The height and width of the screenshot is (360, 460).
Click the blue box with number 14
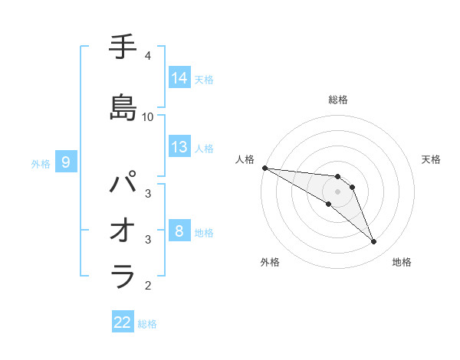point(179,78)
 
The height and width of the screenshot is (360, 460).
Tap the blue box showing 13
point(179,147)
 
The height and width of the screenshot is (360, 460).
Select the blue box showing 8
point(179,231)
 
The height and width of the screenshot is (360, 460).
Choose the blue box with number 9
point(67,162)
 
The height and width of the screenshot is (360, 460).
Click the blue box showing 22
point(123,322)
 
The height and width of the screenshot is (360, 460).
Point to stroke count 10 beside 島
point(148,117)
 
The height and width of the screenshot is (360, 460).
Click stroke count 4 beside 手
point(148,56)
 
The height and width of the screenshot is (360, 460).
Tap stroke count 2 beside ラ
point(148,286)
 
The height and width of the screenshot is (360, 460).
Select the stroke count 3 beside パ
point(148,194)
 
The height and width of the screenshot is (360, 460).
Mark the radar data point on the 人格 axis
point(264,168)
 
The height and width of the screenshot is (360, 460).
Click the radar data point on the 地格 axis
point(373,242)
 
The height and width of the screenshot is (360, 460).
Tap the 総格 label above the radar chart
point(338,100)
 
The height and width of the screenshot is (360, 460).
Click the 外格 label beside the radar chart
point(270,262)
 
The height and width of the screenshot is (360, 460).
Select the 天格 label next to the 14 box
point(204,79)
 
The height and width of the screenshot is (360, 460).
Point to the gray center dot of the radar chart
point(338,191)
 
